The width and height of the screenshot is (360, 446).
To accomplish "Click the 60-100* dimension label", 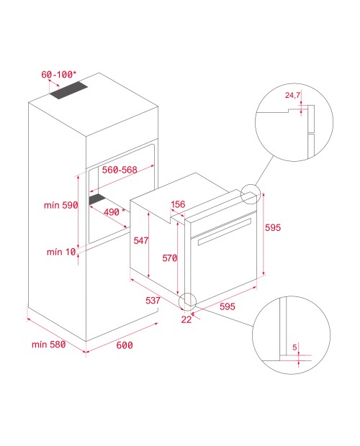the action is click(x=59, y=75).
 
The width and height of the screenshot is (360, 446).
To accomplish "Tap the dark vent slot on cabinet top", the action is click(x=68, y=91).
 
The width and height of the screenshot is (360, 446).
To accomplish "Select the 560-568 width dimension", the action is click(x=120, y=170).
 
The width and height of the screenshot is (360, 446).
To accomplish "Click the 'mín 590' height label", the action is click(x=61, y=205).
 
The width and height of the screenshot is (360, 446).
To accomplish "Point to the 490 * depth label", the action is click(x=114, y=212).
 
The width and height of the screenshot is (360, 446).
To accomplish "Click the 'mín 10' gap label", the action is click(x=61, y=252).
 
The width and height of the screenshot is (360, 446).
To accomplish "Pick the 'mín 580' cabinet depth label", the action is click(x=49, y=345).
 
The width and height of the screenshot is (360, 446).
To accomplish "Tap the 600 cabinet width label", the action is click(x=125, y=345).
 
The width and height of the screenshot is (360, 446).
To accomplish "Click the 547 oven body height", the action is click(x=141, y=241).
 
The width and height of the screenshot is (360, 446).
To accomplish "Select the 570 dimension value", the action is click(x=170, y=258).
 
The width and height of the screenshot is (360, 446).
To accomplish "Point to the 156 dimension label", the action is click(x=178, y=204).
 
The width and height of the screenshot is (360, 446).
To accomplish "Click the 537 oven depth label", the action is click(x=153, y=301).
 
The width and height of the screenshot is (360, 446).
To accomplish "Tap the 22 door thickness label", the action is click(x=186, y=319).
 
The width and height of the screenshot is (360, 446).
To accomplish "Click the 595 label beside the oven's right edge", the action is click(x=273, y=227).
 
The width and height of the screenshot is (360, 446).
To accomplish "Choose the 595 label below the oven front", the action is click(x=228, y=306).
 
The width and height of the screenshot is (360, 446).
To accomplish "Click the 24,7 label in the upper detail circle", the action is click(x=292, y=95).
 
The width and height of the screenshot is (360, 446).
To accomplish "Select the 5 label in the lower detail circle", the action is click(x=294, y=347).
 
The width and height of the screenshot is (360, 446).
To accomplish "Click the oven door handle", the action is click(x=224, y=232).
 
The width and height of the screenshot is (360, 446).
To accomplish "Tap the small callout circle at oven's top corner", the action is click(x=251, y=194).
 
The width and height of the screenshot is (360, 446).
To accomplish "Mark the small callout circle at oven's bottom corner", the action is click(x=187, y=302).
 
